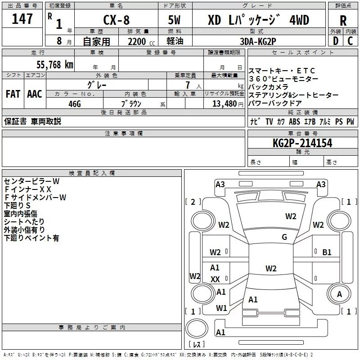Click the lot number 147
point(22,19)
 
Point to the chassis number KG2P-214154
point(302,143)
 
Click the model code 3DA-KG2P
point(258,41)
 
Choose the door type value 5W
point(175,20)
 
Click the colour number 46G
point(75,103)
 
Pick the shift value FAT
point(13,94)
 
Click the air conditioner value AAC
point(34,94)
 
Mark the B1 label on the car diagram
point(327,252)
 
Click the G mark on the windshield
point(284,237)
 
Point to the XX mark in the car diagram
point(215,279)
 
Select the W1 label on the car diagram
point(221,308)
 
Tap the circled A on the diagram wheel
point(339,294)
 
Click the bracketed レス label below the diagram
point(197,345)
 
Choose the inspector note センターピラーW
point(31,181)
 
